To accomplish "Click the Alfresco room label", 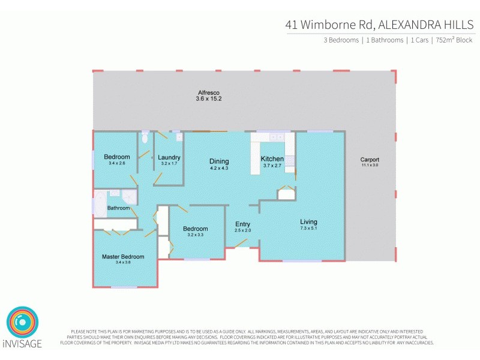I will (209, 92).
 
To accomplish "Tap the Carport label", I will (370, 160).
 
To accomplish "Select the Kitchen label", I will (272, 159).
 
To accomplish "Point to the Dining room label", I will (219, 161).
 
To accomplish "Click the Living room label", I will (308, 222).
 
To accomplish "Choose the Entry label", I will (242, 224).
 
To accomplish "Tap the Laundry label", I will (169, 158).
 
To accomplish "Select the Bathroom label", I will (118, 208).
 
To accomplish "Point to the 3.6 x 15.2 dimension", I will (209, 99).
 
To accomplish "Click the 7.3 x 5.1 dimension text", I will (308, 229).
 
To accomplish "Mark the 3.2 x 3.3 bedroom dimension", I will (196, 235).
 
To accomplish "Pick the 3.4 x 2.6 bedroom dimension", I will (116, 163).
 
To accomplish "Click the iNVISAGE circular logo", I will (22, 323).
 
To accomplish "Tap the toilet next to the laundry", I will (145, 138).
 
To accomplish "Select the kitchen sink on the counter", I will (277, 137).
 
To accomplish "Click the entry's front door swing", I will (241, 243).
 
